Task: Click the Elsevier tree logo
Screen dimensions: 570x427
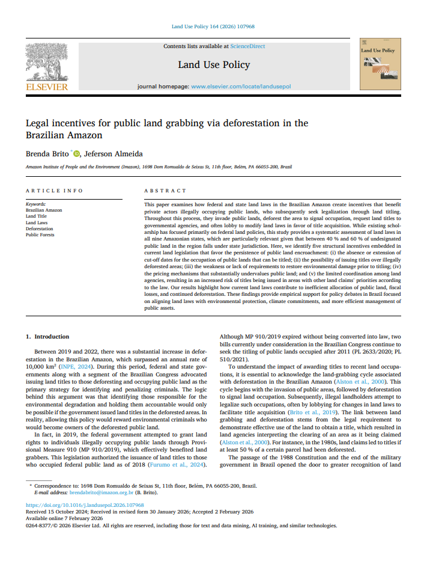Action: [x=46, y=63]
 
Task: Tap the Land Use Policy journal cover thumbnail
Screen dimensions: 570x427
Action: [x=380, y=64]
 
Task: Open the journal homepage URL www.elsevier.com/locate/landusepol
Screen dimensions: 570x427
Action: [x=240, y=87]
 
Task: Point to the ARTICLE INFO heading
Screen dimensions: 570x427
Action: [x=54, y=191]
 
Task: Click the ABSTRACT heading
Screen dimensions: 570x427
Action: [x=165, y=191]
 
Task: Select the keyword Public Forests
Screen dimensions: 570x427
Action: [x=40, y=235]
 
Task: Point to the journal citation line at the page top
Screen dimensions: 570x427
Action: [x=213, y=27]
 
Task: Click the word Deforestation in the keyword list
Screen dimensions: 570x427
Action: [x=39, y=229]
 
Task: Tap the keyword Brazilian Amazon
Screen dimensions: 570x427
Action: [x=44, y=210]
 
